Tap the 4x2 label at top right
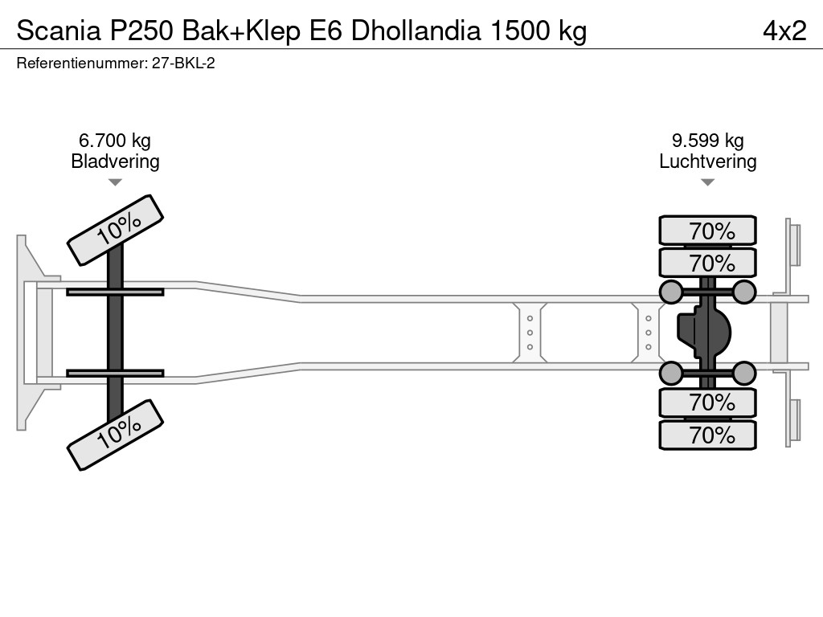tap(784, 31)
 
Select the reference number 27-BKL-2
tap(183, 63)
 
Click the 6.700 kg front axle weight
tap(115, 141)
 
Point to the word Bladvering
tap(115, 161)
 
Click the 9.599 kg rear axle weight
tap(707, 141)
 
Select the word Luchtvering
tap(707, 161)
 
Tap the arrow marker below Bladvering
tap(115, 183)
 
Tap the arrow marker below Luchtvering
tap(707, 183)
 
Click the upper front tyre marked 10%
tap(115, 230)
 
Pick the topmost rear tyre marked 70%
tap(707, 231)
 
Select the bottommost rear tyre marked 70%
tap(707, 435)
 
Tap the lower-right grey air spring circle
tap(744, 373)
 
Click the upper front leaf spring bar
tap(115, 292)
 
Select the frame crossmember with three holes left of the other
tap(530, 332)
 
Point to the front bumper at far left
tap(29, 332)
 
